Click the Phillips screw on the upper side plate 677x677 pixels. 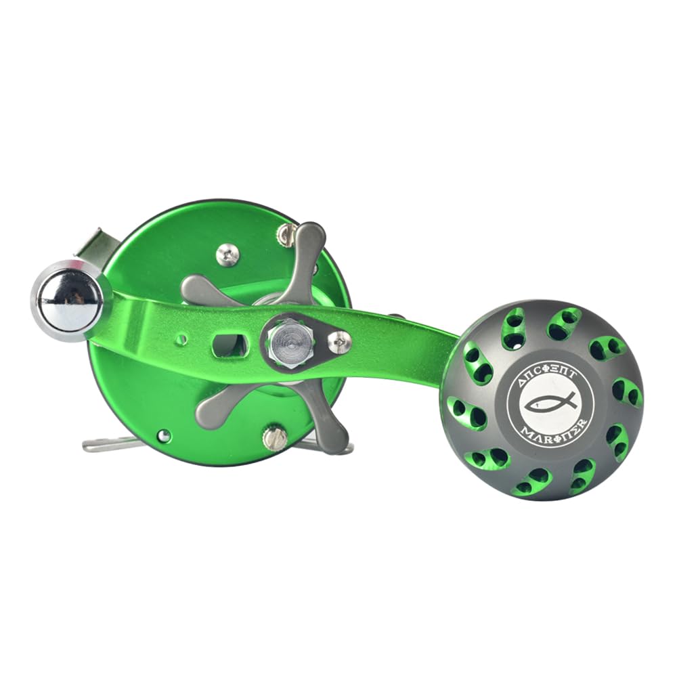[227, 255]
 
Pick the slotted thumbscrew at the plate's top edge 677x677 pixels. [285, 234]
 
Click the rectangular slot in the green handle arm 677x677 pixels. [229, 345]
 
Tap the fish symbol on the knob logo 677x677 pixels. [549, 403]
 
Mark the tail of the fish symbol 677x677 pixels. [570, 401]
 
